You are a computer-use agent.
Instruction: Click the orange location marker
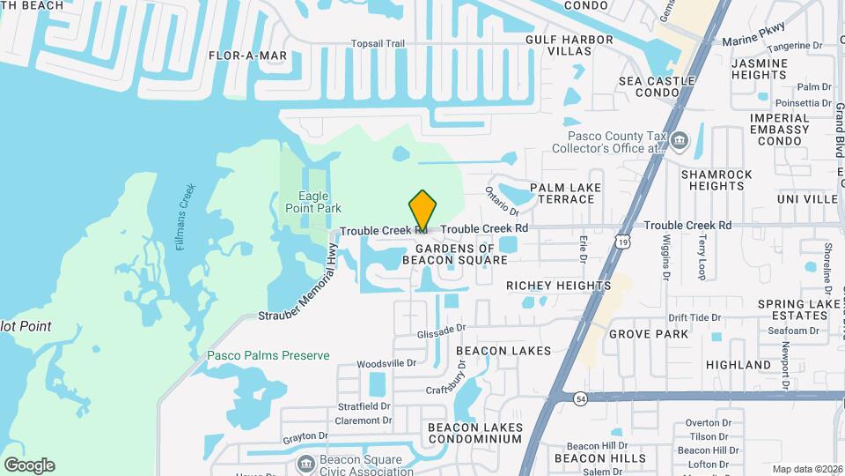click(x=422, y=211)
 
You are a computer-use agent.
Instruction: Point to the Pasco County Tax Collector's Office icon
click(x=679, y=140)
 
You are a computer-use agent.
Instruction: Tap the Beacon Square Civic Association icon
click(x=305, y=462)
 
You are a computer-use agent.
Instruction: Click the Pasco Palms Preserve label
click(x=268, y=356)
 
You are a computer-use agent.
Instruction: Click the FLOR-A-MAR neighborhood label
click(x=247, y=56)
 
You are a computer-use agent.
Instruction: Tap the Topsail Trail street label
click(x=378, y=43)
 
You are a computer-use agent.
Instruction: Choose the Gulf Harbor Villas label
click(x=569, y=46)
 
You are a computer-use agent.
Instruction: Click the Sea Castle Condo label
click(x=657, y=86)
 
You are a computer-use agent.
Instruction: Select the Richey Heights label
click(x=558, y=286)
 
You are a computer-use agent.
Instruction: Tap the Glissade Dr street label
click(x=442, y=328)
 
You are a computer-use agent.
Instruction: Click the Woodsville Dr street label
click(x=386, y=363)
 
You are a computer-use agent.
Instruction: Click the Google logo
click(x=29, y=465)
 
